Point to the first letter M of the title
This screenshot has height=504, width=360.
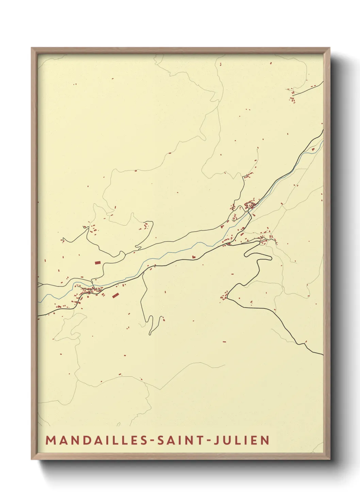[50, 440]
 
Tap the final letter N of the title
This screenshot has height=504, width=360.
[265, 440]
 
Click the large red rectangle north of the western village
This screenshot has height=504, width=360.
[98, 262]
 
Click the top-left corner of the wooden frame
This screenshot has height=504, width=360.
[32, 48]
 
